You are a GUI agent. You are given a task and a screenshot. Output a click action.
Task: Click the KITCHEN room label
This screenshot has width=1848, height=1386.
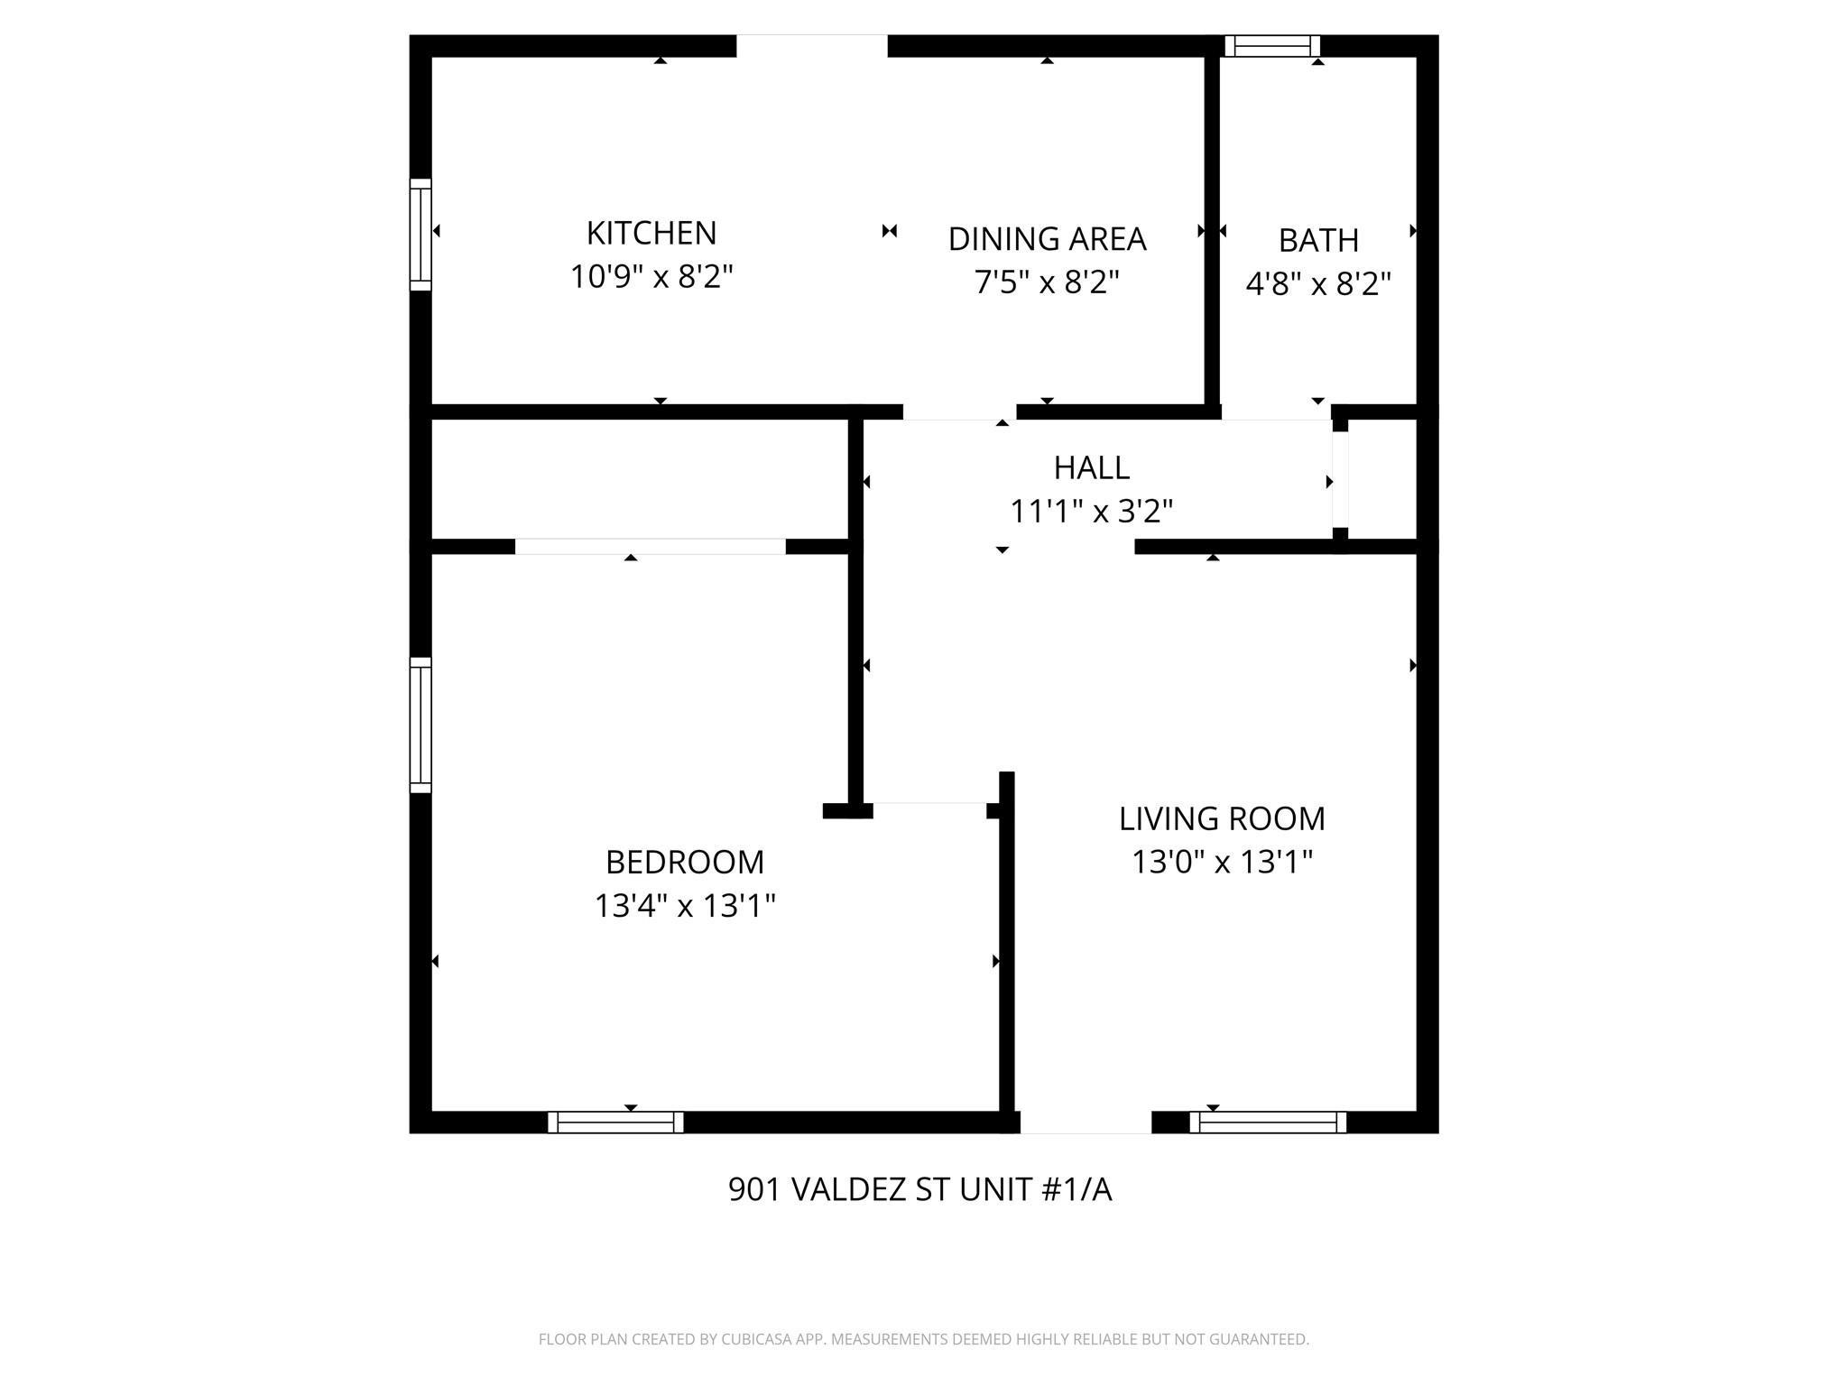(x=651, y=233)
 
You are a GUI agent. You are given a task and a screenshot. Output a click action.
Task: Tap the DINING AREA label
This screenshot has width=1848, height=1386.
(x=1047, y=239)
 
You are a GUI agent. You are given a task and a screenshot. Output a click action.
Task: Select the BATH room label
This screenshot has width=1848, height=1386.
(x=1318, y=241)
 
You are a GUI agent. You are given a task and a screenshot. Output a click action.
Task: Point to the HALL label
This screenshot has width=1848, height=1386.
(x=1091, y=467)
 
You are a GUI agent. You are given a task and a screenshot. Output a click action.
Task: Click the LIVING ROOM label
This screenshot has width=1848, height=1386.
(x=1222, y=818)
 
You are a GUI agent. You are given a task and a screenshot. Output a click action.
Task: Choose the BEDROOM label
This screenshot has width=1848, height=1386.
(x=685, y=862)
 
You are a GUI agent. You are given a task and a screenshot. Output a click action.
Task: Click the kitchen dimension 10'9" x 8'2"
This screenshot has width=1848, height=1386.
(x=651, y=276)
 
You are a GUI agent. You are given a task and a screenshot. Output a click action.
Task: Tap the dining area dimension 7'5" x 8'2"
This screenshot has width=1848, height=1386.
(x=1047, y=282)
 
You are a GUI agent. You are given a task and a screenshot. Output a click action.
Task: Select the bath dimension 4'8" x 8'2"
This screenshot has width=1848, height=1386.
(x=1318, y=284)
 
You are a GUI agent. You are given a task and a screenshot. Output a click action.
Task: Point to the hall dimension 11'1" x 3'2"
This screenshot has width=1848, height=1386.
(x=1091, y=512)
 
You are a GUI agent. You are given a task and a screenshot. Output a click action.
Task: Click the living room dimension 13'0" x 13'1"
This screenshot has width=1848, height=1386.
(x=1222, y=862)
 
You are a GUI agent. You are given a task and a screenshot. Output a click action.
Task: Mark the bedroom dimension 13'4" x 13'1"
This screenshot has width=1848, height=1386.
(x=685, y=905)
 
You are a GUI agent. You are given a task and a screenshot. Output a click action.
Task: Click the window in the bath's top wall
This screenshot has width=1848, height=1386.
(x=1272, y=46)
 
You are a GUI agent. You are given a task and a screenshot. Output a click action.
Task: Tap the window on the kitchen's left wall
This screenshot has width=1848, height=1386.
(x=420, y=235)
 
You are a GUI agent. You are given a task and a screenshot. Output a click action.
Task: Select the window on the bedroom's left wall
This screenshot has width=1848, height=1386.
(x=420, y=725)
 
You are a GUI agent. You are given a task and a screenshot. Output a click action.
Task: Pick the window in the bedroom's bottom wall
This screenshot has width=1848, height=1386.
(x=615, y=1122)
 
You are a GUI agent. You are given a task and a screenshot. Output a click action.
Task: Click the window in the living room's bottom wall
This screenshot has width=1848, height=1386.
(x=1268, y=1122)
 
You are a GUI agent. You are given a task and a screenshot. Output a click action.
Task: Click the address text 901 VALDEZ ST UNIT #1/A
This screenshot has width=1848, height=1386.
(x=919, y=1189)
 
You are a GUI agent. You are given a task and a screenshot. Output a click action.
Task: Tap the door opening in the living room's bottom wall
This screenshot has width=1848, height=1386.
(x=1086, y=1122)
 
